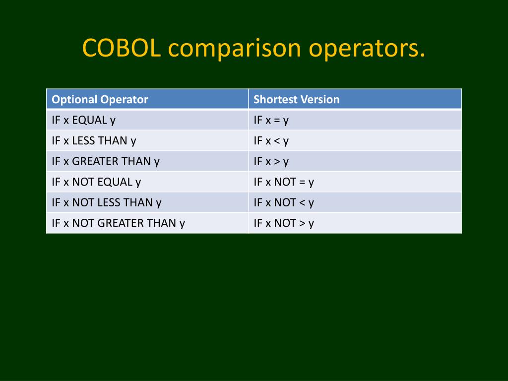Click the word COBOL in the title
tap(122, 48)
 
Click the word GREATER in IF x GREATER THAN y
tap(93, 161)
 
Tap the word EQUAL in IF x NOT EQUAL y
tap(115, 182)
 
